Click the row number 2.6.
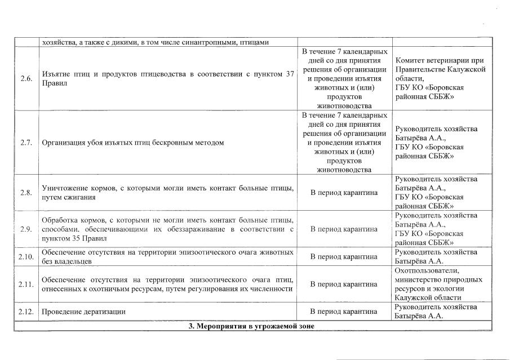[x=25, y=78]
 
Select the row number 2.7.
[x=25, y=143]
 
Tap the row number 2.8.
[x=25, y=193]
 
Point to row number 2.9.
[x=25, y=229]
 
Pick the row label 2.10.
[x=25, y=257]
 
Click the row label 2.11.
[x=25, y=284]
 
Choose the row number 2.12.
[x=25, y=312]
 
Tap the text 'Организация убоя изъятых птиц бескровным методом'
[x=132, y=143]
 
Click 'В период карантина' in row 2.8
[x=344, y=193]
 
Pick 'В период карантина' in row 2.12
[x=344, y=312]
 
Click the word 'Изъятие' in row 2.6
[x=55, y=74]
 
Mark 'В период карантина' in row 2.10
[x=344, y=257]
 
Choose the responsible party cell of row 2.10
[x=436, y=257]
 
